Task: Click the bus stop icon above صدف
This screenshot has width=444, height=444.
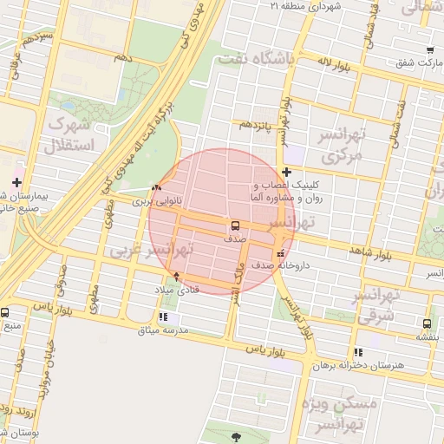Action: pos(235,225)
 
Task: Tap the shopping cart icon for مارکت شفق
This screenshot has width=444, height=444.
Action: pos(429,49)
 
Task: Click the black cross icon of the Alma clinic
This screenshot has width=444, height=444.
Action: pos(286,172)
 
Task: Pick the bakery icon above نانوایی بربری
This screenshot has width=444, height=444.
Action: pos(156,187)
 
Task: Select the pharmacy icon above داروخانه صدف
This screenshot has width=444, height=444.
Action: pos(278,253)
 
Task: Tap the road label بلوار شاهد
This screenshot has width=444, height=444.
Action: pos(375,253)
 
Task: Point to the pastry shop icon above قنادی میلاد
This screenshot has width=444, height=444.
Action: pos(177,276)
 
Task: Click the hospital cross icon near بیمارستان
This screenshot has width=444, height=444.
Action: pos(16,180)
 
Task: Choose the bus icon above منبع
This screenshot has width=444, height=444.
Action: pos(4,313)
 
